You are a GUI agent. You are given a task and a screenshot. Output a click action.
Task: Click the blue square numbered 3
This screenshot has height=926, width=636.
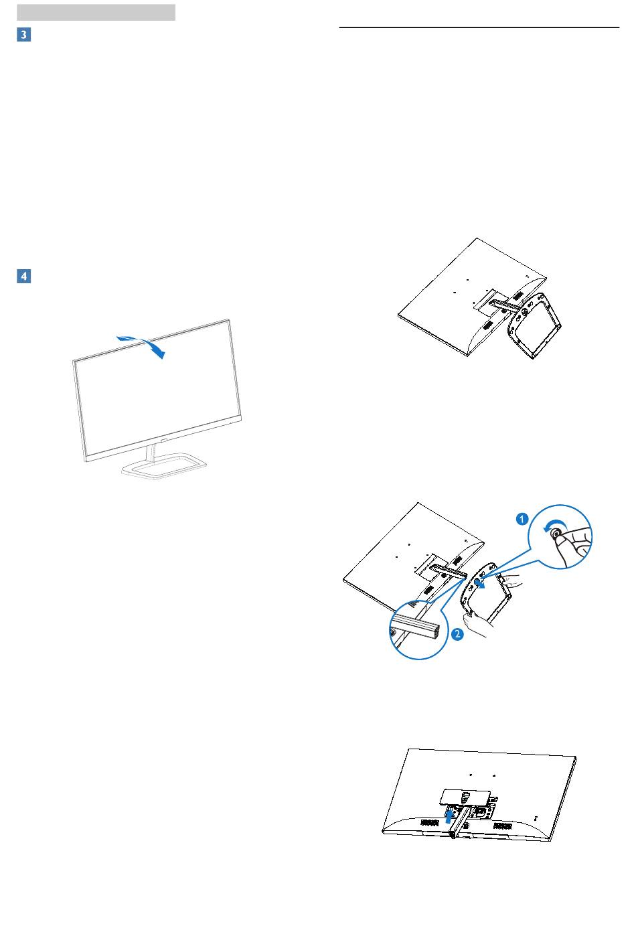[23, 34]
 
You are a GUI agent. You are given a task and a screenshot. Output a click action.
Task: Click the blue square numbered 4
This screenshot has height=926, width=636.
[23, 276]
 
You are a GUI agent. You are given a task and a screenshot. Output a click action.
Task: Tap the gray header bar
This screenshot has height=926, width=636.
[96, 13]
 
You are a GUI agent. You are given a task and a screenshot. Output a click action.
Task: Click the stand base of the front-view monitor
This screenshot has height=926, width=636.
[164, 466]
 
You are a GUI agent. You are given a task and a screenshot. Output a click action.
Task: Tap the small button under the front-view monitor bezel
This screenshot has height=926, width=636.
[163, 441]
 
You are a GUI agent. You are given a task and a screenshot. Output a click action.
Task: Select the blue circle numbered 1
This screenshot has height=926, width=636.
[522, 518]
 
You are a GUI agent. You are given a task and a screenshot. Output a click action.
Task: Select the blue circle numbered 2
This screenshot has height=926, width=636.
[457, 633]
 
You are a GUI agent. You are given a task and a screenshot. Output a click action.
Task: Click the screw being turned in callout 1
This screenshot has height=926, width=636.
[556, 534]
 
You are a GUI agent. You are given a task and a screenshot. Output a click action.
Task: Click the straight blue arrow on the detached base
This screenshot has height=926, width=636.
[479, 583]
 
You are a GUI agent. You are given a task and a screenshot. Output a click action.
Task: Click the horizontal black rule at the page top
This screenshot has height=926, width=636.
[479, 27]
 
